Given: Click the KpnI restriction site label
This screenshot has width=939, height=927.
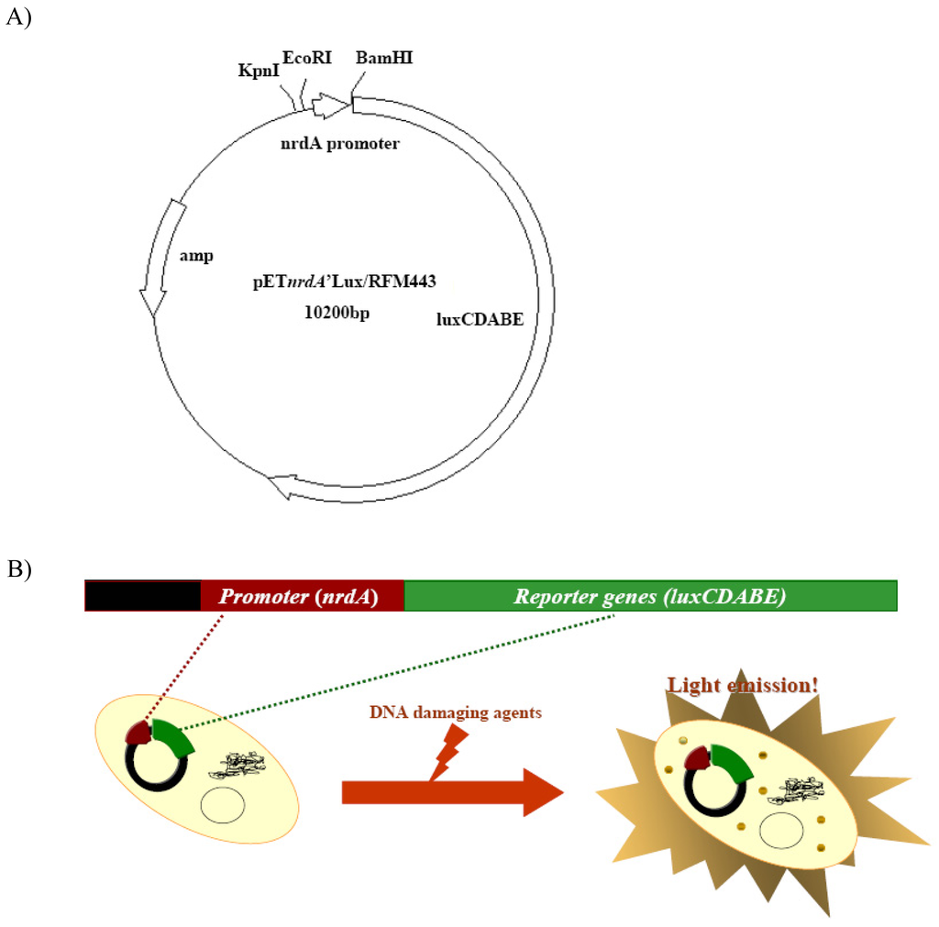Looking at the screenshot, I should tap(259, 70).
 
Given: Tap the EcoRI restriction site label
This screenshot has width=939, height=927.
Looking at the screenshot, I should tap(303, 57).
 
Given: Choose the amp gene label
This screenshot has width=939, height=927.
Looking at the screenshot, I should tap(195, 258).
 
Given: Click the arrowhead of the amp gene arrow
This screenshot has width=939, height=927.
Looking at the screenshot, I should tap(152, 303).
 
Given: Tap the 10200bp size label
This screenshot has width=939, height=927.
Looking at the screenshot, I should tap(342, 313).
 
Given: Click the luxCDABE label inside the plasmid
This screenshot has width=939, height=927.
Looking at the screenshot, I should tap(480, 319).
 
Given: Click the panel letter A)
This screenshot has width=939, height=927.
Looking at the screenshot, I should tap(18, 17).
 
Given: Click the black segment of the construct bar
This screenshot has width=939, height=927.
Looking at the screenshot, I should tap(143, 596).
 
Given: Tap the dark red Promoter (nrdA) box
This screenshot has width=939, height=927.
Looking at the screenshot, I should tap(302, 596).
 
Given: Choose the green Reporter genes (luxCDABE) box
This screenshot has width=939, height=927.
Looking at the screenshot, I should tap(649, 596).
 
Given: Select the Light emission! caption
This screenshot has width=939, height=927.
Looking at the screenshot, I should tap(743, 685).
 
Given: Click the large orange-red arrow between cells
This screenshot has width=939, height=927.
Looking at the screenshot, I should tap(449, 791).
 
